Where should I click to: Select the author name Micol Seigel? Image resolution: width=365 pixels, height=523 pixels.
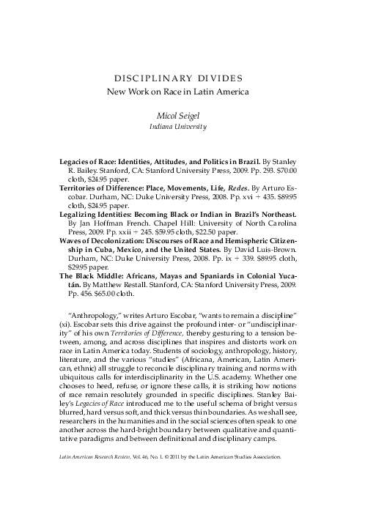coord(183,116)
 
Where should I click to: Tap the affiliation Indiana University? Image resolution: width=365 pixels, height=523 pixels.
coord(183,127)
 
